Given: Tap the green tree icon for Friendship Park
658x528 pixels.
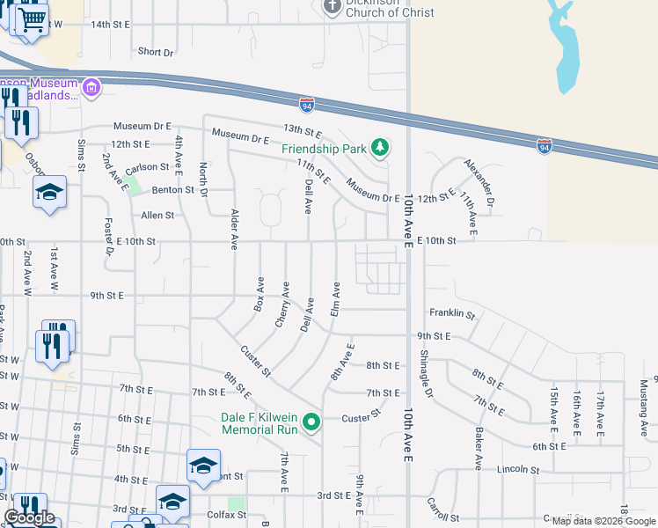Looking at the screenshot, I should pos(379,147).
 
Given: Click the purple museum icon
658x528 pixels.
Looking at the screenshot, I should pos(91,87).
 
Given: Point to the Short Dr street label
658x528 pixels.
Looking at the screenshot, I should pos(155,52).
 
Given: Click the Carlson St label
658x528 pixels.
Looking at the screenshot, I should pos(147,167).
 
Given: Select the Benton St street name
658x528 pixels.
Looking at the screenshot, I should pos(172,189).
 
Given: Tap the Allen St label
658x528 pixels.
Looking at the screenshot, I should pos(158,215).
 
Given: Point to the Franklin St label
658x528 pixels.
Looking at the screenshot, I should pos(452,313).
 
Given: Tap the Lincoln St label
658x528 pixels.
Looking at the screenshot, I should pos(517,470).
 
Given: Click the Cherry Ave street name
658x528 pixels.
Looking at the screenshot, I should pos(282,304).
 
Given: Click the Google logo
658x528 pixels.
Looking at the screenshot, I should pos(29,517).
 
